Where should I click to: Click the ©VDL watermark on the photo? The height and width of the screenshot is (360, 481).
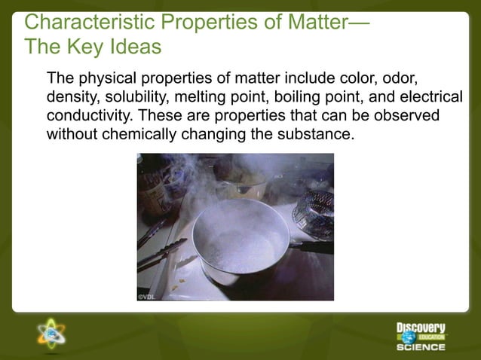tap(148, 296)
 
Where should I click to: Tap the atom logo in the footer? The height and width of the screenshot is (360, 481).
tap(51, 333)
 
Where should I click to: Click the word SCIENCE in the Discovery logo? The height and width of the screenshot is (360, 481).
tap(421, 347)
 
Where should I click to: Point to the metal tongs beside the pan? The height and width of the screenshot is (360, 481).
tap(162, 252)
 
